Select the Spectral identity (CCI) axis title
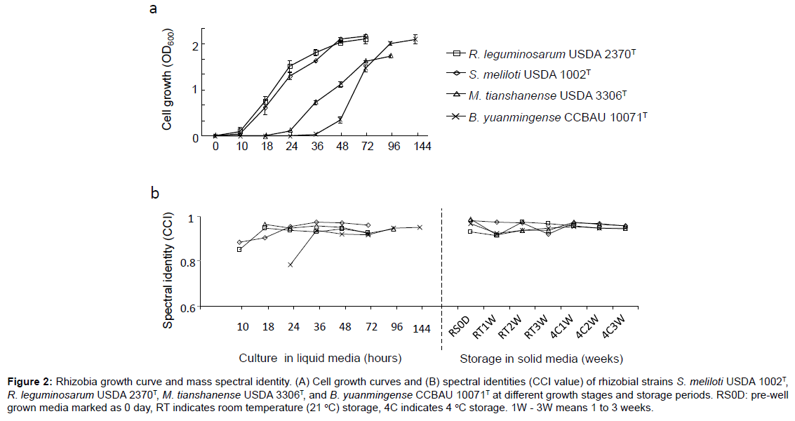[x=168, y=262]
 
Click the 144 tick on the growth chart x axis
[x=421, y=146]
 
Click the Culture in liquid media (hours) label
[x=320, y=359]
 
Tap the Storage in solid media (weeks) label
[x=541, y=359]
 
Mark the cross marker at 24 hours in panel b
[x=290, y=265]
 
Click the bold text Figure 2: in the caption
[x=29, y=382]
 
